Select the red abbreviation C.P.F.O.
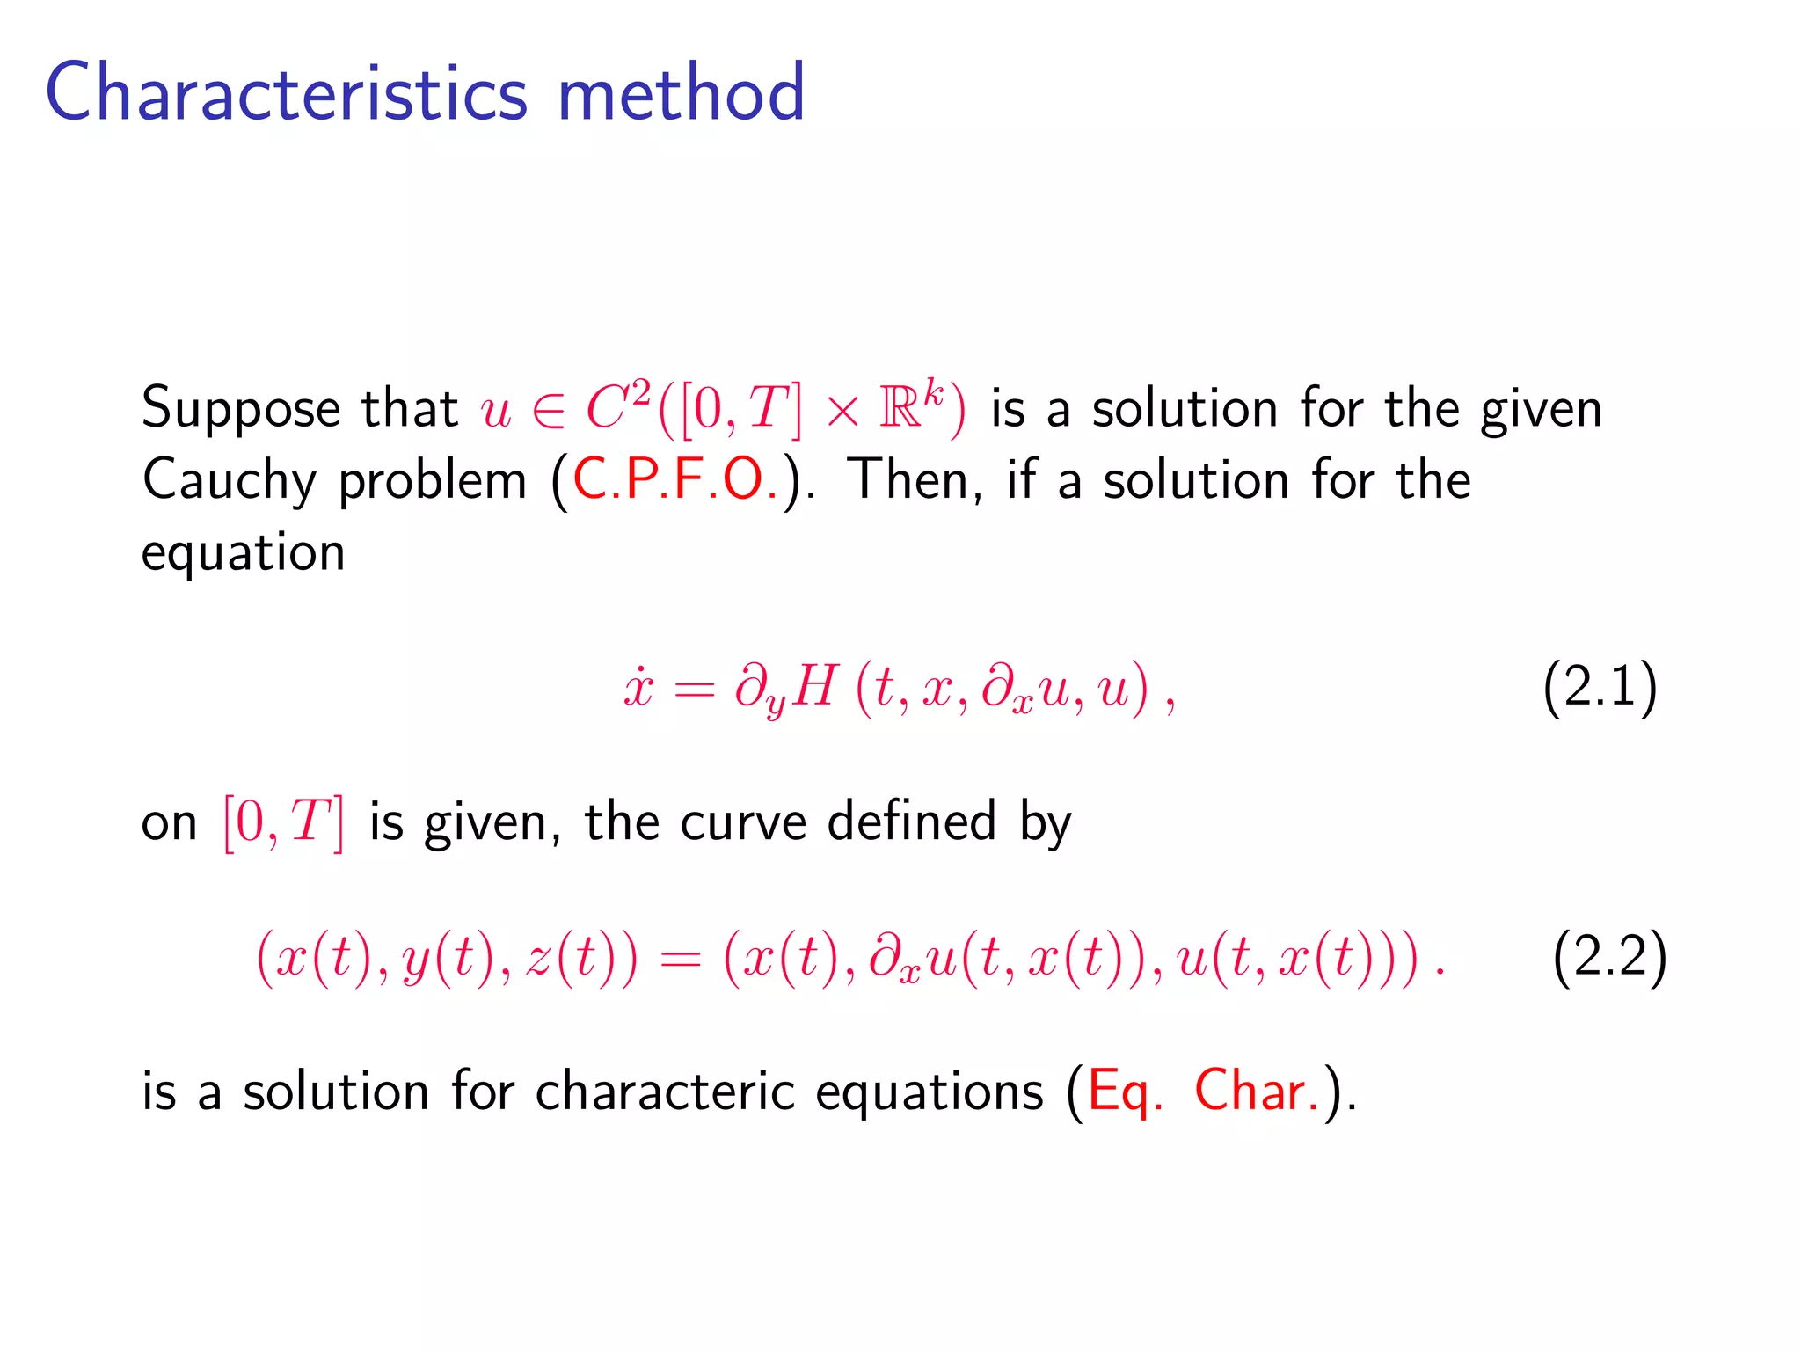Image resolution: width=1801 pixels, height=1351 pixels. pyautogui.click(x=675, y=480)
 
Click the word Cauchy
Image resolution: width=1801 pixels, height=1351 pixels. pyautogui.click(x=229, y=482)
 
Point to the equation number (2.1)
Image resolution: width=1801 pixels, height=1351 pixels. pyautogui.click(x=1600, y=686)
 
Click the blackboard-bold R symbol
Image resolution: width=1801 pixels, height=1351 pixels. pyautogui.click(x=900, y=410)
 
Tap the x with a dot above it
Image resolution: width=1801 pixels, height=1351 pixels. pyautogui.click(x=638, y=686)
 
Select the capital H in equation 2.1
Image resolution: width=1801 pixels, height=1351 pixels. pyautogui.click(x=813, y=686)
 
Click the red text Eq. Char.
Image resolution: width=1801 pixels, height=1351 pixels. pyautogui.click(x=1204, y=1092)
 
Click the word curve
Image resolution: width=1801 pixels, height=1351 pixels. pyautogui.click(x=743, y=822)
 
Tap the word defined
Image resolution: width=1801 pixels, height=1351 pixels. pyautogui.click(x=912, y=822)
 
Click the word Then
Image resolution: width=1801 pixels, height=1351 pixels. pyautogui.click(x=915, y=480)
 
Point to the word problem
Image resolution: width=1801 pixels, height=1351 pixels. pyautogui.click(x=432, y=482)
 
